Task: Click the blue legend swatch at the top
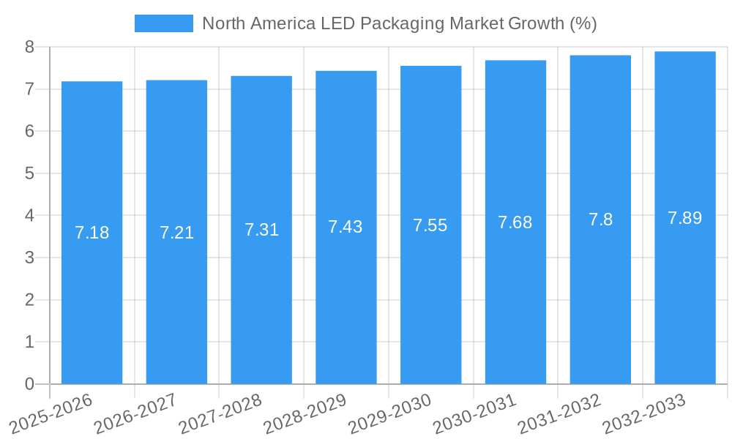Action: tap(164, 23)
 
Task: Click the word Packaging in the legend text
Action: tap(404, 23)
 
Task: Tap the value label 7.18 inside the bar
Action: tap(92, 233)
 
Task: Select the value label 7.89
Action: tap(685, 218)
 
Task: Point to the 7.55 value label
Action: tap(430, 225)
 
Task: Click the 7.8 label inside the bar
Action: tap(601, 219)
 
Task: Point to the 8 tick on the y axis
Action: tap(29, 47)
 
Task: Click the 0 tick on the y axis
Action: tap(29, 384)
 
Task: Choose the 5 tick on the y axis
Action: tap(29, 173)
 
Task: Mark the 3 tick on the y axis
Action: tap(29, 258)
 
